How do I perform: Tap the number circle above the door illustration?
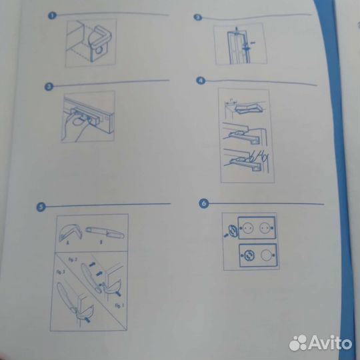(x=198, y=17)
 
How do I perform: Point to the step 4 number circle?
(x=200, y=81)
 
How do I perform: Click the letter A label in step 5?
(x=68, y=243)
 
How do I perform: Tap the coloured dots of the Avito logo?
(x=297, y=343)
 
